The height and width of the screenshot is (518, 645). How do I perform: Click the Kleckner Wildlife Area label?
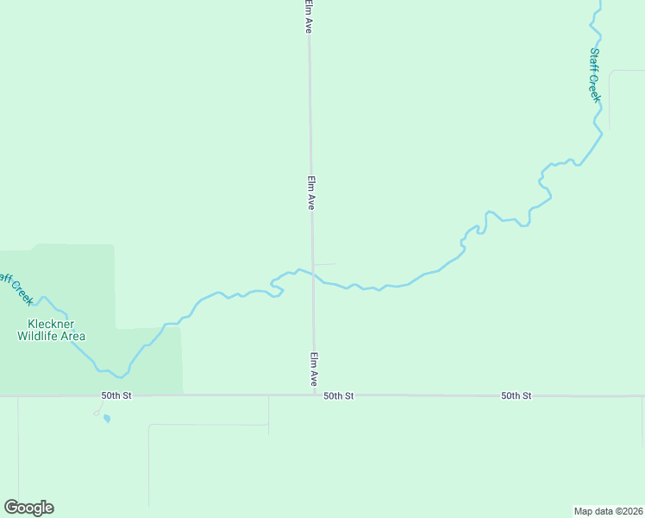[x=52, y=330]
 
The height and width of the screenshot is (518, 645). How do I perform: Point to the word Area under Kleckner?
[x=74, y=336]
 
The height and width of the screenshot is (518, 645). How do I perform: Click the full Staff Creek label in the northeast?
[x=594, y=75]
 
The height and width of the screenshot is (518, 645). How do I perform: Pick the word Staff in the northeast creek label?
[x=594, y=60]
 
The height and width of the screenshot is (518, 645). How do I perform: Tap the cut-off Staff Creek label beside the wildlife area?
[x=16, y=288]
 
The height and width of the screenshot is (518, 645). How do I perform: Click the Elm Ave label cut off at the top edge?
[x=308, y=16]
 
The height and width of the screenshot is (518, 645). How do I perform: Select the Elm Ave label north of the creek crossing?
[x=311, y=193]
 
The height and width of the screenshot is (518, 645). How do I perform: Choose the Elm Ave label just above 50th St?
[x=315, y=369]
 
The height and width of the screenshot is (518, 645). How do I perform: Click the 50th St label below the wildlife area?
[x=116, y=395]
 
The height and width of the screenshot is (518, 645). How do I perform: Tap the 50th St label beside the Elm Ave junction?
[x=339, y=395]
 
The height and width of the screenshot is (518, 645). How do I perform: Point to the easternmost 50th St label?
[x=517, y=395]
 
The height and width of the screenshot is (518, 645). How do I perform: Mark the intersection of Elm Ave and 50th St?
[x=314, y=395]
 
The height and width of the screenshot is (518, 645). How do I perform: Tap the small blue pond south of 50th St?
[x=106, y=419]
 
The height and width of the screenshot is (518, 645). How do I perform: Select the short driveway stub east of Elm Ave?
[x=324, y=264]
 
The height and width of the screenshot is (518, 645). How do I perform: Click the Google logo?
[x=28, y=508]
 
